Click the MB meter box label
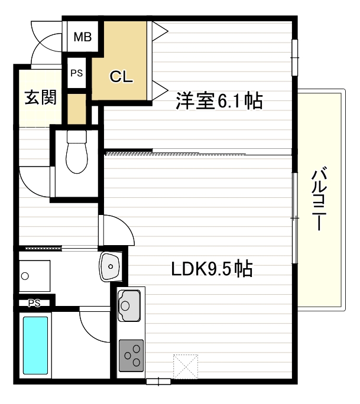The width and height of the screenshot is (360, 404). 83,37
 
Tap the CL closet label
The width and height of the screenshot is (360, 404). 121,76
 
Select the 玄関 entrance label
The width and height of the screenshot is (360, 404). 40,97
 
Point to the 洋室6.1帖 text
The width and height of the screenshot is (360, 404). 219,100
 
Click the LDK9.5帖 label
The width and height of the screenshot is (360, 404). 212,269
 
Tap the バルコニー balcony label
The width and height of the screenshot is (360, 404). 319,198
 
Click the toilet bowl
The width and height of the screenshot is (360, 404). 77,152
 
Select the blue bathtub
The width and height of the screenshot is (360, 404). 35,346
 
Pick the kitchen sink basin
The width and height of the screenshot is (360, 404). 129,305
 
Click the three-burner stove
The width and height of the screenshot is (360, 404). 131,356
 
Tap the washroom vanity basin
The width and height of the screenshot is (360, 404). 110,266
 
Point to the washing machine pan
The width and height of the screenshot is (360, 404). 34,276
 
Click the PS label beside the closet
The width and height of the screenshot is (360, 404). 77,73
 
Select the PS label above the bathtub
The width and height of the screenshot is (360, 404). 34,303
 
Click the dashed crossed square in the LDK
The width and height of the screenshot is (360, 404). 186,366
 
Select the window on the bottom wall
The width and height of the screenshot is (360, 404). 158,382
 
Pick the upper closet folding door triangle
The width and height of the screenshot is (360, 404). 159,31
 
